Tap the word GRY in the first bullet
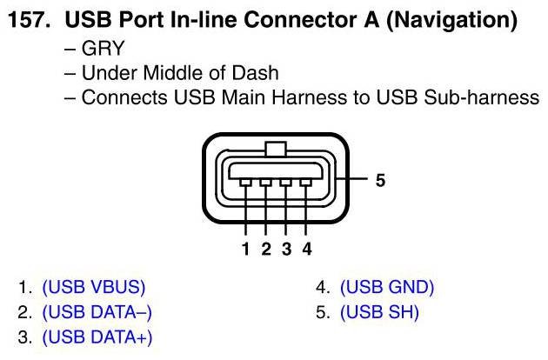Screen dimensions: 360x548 point(102,48)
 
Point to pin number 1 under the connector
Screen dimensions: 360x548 point(246,250)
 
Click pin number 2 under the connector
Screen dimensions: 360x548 point(266,250)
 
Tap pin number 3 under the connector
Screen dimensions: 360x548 point(286,250)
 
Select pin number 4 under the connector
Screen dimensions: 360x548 point(306,250)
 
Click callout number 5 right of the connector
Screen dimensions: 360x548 point(380,181)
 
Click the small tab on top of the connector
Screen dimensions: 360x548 point(276,150)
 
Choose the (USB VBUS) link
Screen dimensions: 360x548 point(93,287)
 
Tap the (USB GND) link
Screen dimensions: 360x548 point(386,287)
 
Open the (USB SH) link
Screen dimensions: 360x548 point(379,312)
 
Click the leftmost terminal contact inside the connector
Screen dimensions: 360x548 point(246,183)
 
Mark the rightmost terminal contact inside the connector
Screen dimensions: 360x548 point(306,183)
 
